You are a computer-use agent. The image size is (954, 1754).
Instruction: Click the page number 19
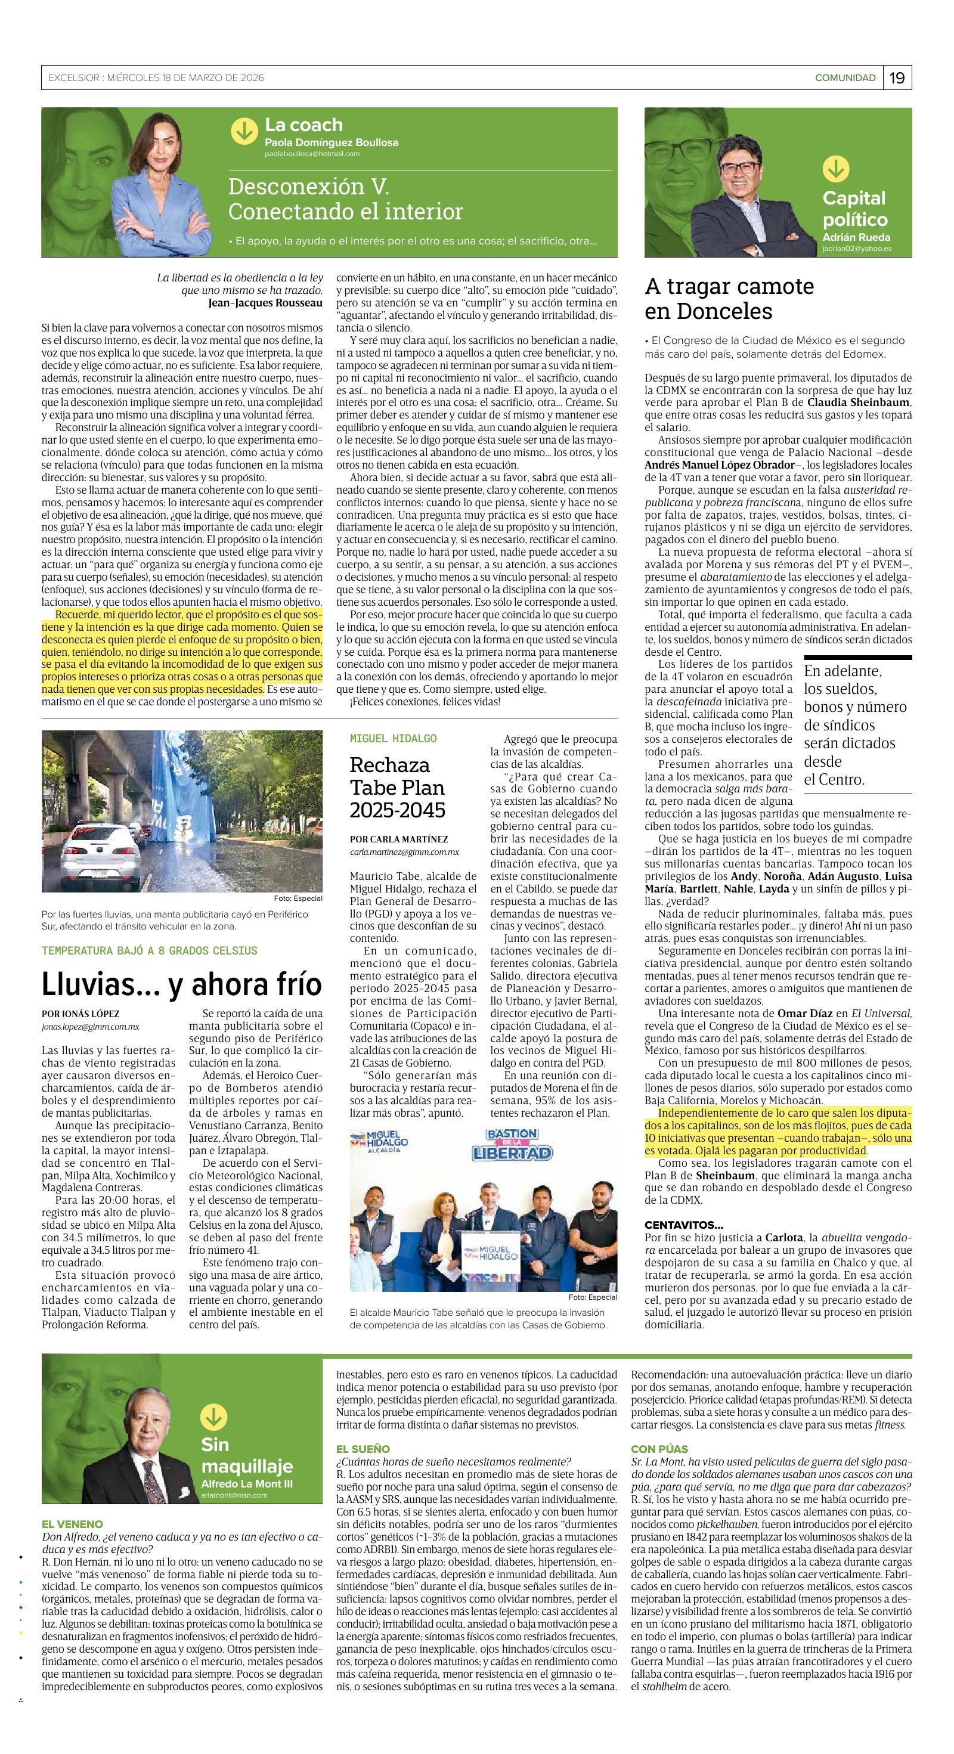click(x=897, y=78)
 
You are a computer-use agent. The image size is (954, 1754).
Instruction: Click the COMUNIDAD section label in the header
click(x=845, y=78)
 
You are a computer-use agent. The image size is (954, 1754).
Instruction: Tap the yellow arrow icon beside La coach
click(x=244, y=131)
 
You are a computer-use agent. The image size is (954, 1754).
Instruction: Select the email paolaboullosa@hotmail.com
click(x=312, y=154)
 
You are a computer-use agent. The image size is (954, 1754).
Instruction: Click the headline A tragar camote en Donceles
click(x=729, y=298)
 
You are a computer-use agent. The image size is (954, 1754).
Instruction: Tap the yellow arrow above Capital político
click(x=835, y=168)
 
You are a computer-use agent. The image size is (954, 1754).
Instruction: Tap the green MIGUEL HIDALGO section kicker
click(x=393, y=739)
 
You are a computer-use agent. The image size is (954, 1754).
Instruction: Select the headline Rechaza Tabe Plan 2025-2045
click(x=397, y=787)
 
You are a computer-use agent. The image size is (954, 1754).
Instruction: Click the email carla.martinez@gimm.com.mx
click(x=404, y=852)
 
